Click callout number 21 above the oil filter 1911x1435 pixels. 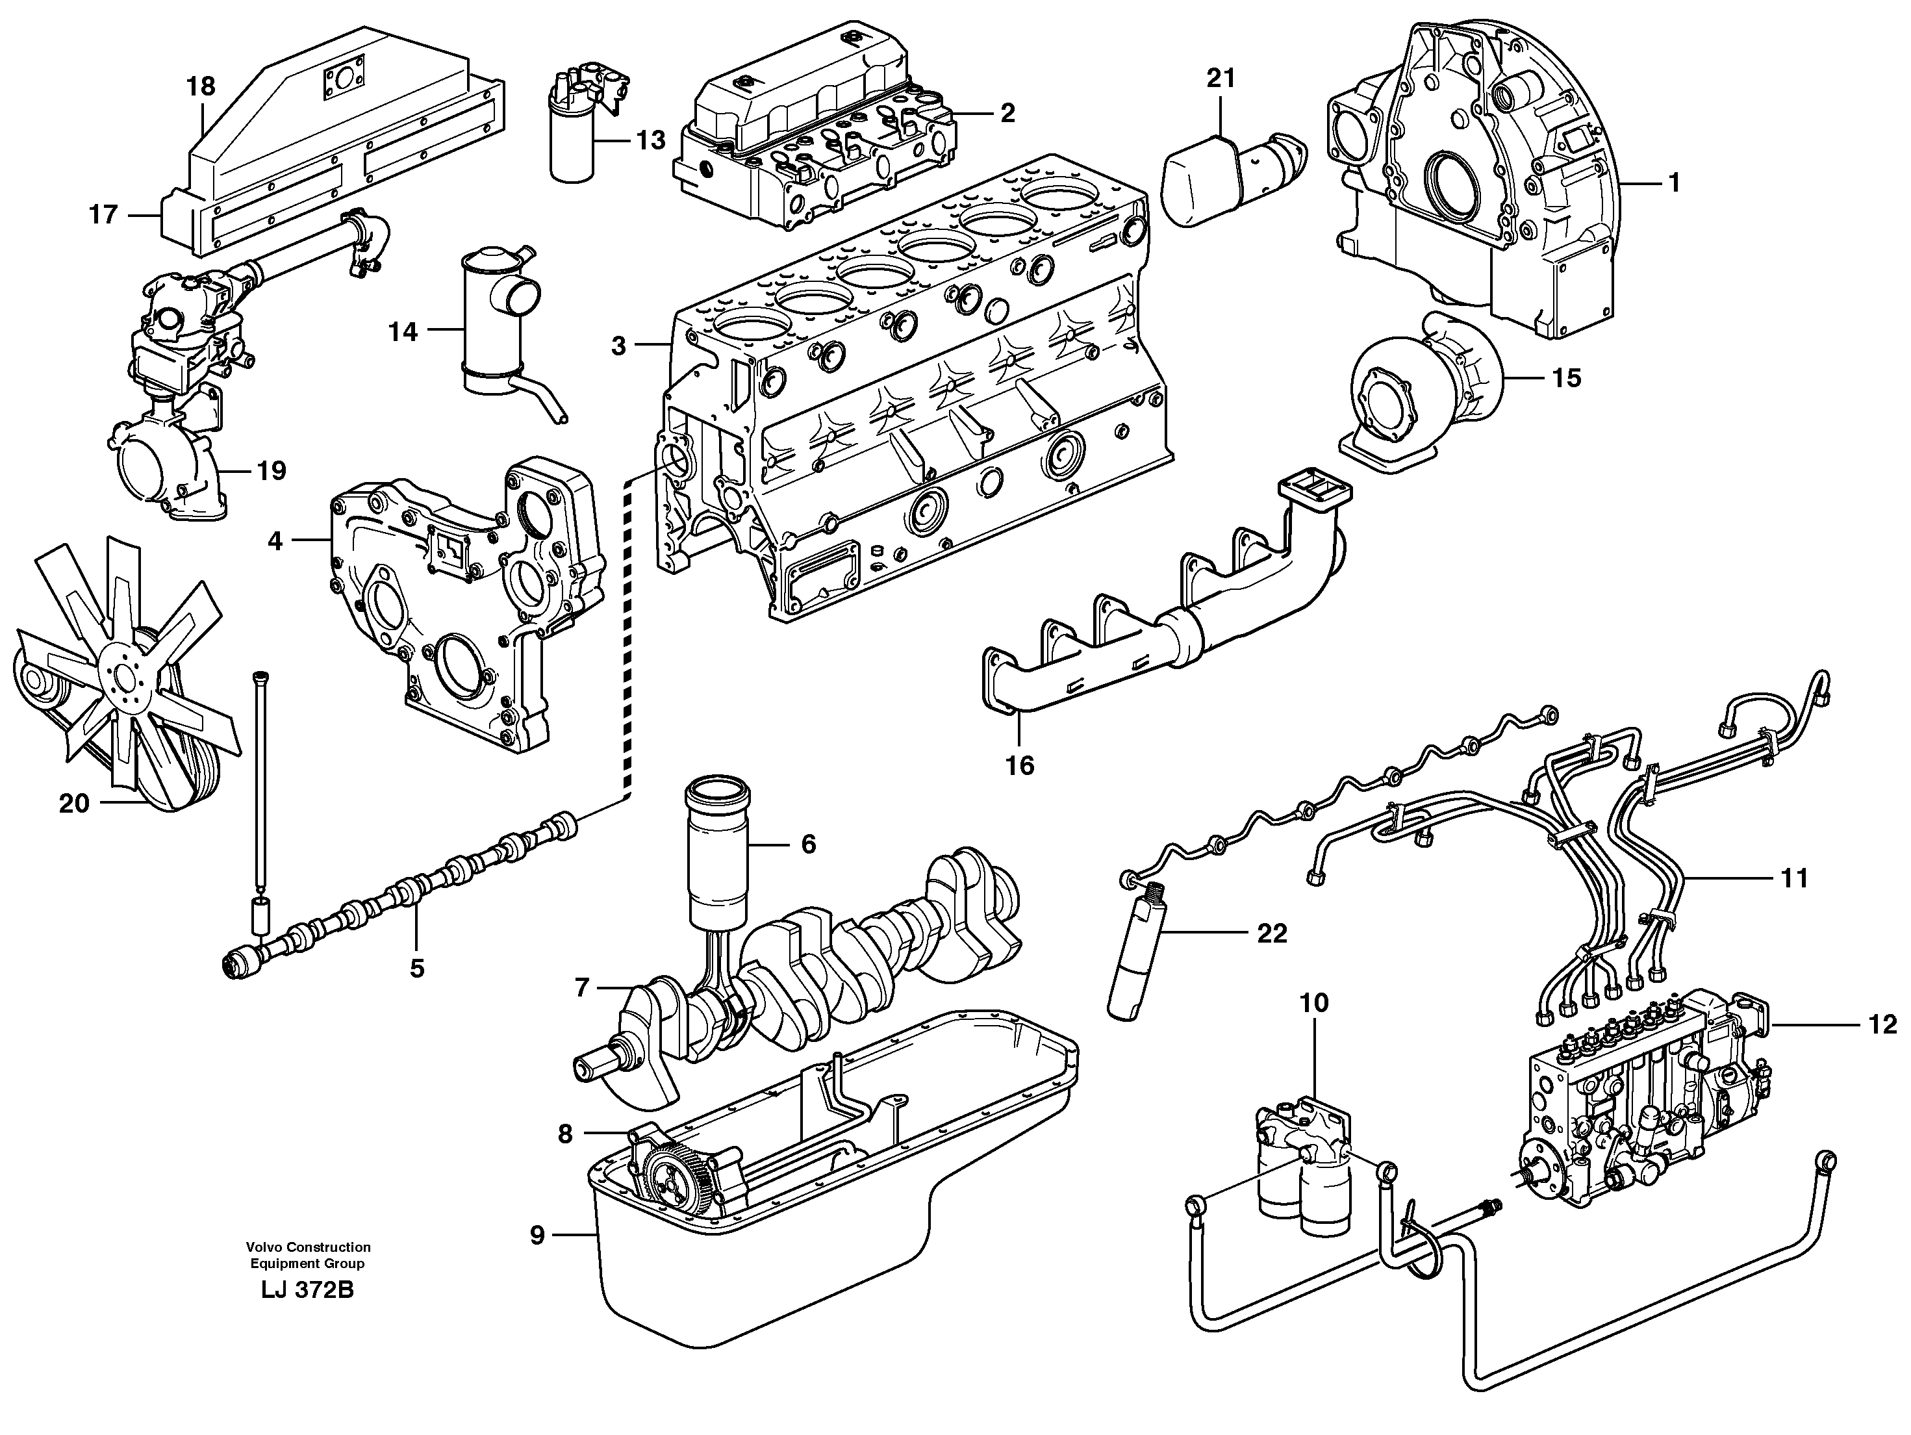1221,79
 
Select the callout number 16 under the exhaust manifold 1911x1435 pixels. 1020,765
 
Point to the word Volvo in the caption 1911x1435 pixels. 264,1247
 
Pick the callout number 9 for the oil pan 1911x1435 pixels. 537,1236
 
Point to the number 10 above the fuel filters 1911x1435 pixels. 1314,1003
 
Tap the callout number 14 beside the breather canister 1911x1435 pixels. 403,332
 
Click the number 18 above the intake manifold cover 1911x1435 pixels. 201,86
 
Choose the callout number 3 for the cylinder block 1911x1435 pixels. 618,346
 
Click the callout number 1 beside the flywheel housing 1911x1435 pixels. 1673,183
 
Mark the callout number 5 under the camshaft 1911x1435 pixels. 417,969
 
